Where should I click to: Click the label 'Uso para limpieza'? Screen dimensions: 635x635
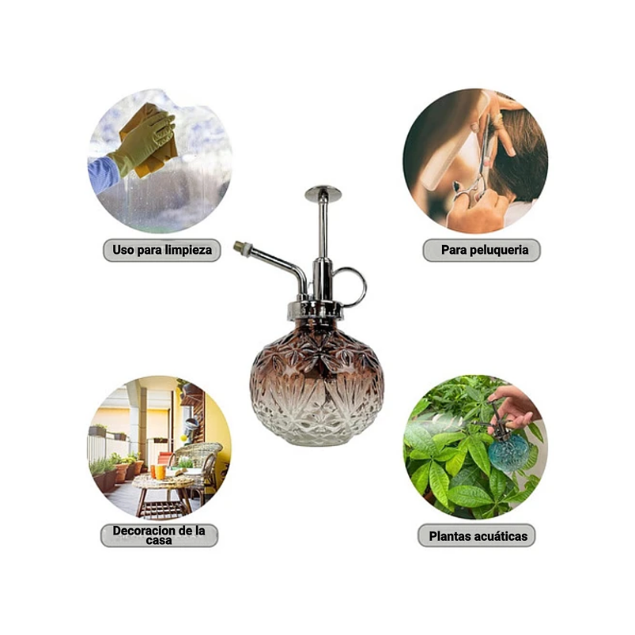(162, 250)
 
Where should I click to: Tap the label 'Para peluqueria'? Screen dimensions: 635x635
(485, 250)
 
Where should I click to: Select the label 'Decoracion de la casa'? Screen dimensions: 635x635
(159, 535)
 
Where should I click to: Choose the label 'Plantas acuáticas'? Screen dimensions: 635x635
(478, 536)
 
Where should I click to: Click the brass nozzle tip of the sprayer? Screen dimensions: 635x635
(239, 245)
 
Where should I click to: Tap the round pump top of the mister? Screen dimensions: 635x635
(323, 193)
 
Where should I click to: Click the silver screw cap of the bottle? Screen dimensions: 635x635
(316, 310)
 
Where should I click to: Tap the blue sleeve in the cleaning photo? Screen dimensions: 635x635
(103, 175)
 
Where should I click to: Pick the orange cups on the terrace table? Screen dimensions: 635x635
(158, 472)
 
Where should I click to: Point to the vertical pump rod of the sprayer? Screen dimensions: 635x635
(323, 229)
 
